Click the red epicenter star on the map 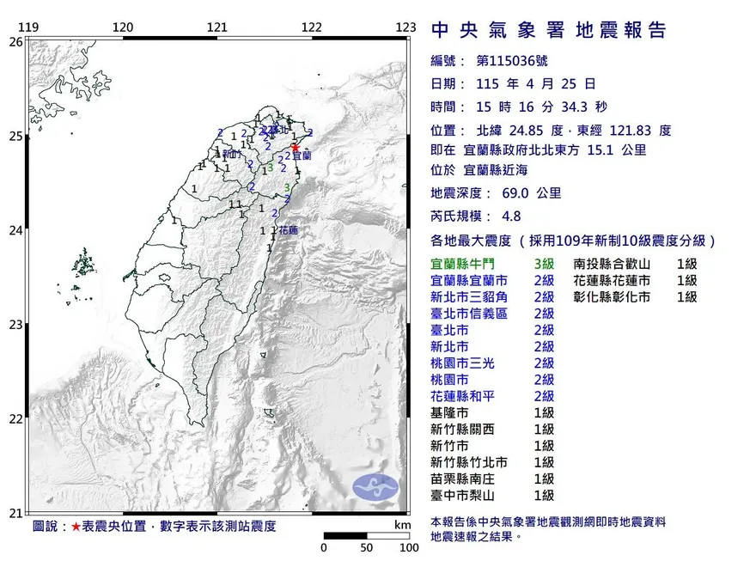pyautogui.click(x=296, y=147)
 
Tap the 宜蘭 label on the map pyautogui.click(x=302, y=156)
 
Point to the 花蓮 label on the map pyautogui.click(x=287, y=231)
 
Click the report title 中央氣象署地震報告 pyautogui.click(x=549, y=31)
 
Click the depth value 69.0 pyautogui.click(x=513, y=193)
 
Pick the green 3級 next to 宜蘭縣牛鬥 pyautogui.click(x=544, y=265)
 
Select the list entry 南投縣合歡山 pyautogui.click(x=613, y=265)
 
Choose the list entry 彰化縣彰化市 pyautogui.click(x=613, y=297)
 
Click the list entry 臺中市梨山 pyautogui.click(x=462, y=495)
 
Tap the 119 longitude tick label pyautogui.click(x=29, y=27)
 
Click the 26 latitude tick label pyautogui.click(x=15, y=41)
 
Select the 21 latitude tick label pyautogui.click(x=15, y=513)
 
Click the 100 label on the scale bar pyautogui.click(x=408, y=547)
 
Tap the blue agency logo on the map pyautogui.click(x=376, y=485)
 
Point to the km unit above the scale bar pyautogui.click(x=402, y=524)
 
